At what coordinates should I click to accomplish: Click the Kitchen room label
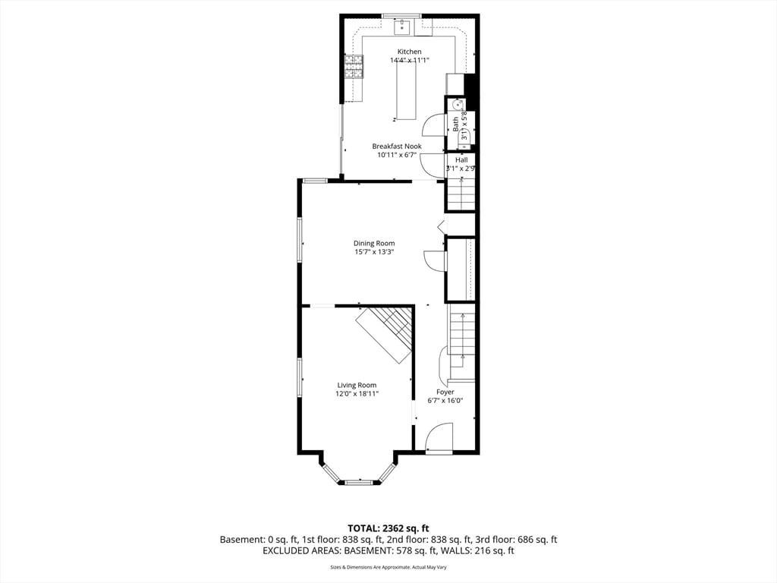pos(409,52)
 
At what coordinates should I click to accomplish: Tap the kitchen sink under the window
pos(402,28)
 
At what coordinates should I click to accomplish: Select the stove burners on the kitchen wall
pos(353,67)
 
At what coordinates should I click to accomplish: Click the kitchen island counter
pos(406,91)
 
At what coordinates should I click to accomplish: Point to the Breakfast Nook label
pos(396,147)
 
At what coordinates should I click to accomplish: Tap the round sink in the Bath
pos(458,105)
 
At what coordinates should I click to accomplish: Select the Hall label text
pos(461,160)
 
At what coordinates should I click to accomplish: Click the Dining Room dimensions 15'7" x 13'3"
pos(374,252)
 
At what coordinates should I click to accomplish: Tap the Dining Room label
pos(374,244)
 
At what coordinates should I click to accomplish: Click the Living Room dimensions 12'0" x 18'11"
pos(357,394)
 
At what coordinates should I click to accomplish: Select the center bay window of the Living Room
pos(358,482)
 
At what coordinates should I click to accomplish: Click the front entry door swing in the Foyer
pos(438,438)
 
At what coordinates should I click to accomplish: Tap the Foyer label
pos(445,392)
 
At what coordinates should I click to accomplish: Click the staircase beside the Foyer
pos(461,334)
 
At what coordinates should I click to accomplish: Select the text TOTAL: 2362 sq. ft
pos(388,528)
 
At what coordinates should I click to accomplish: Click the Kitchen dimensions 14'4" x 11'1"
pos(409,60)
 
